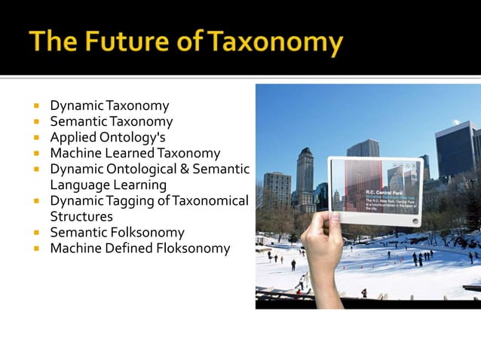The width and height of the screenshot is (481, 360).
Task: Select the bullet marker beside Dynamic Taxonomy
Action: tap(35, 106)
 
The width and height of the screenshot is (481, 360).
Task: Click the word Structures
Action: tap(81, 216)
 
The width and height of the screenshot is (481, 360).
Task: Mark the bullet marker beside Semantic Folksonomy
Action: tap(35, 233)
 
